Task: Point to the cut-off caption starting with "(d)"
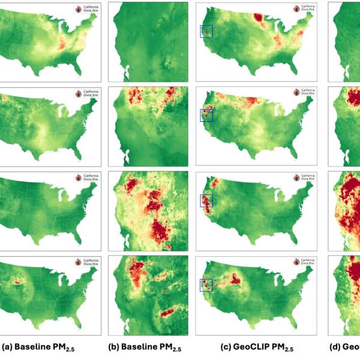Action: (346, 347)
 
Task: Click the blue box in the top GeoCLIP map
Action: (206, 31)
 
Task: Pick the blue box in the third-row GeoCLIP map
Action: (206, 200)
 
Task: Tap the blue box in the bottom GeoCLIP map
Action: (206, 286)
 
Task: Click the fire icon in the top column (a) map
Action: (77, 9)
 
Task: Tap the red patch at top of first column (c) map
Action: (260, 17)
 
